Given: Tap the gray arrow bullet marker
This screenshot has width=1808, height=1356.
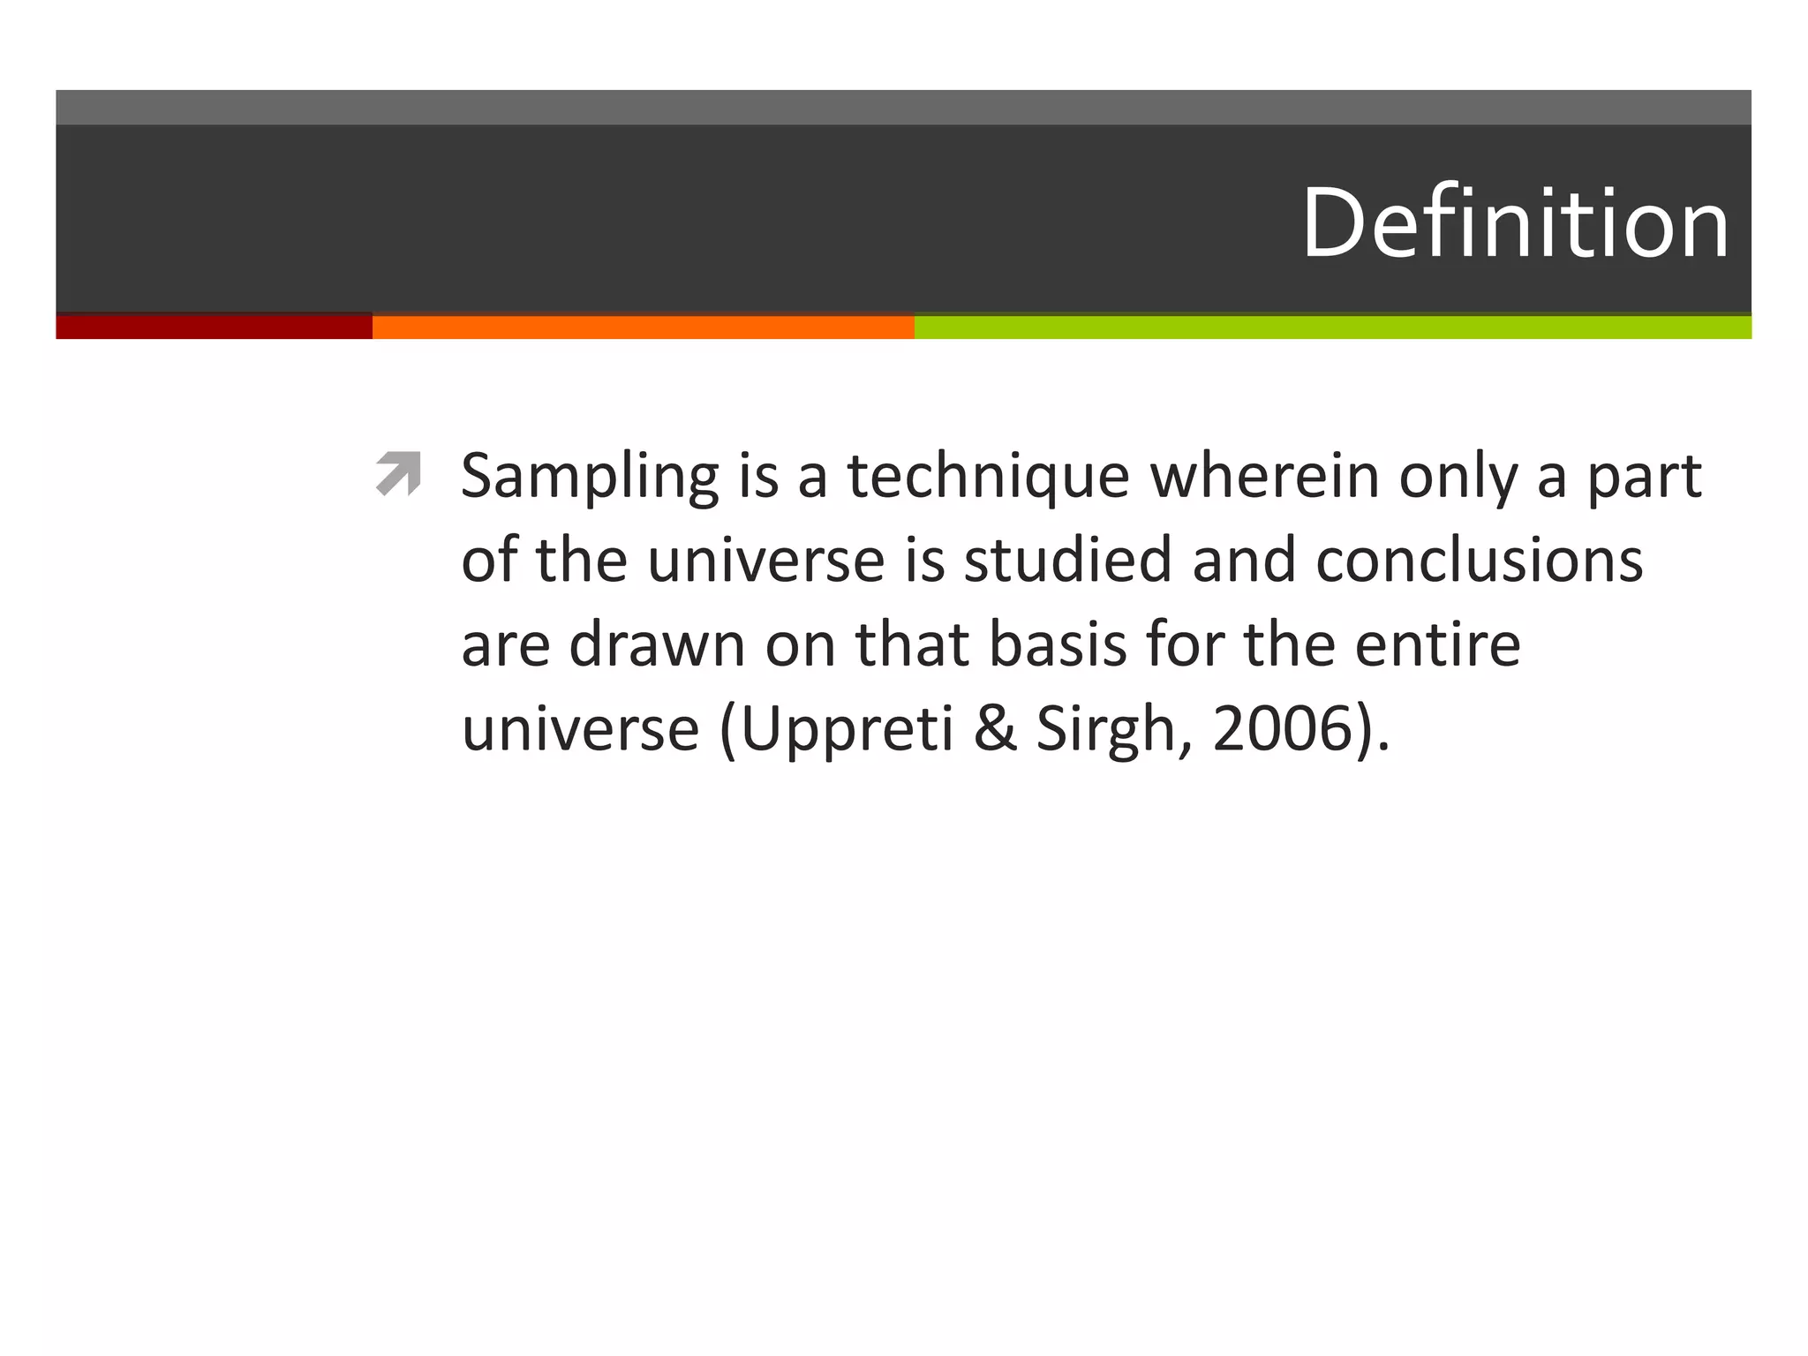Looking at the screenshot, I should [x=398, y=473].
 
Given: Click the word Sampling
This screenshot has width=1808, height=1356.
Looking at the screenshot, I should [x=590, y=477].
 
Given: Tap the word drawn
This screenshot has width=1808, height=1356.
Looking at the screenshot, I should [x=657, y=644].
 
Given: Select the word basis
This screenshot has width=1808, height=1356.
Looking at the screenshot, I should [x=1058, y=644].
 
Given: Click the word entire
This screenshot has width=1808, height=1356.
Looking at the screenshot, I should [x=1437, y=644].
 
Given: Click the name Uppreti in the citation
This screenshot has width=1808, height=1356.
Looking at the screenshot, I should [x=847, y=729].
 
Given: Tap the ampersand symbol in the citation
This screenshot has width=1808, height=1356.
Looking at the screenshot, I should [x=995, y=729].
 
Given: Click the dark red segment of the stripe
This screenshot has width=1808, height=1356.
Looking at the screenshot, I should [x=214, y=327].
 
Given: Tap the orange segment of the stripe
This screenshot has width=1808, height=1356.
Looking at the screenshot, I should [x=643, y=327].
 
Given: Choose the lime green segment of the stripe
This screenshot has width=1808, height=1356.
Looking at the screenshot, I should [x=1333, y=327].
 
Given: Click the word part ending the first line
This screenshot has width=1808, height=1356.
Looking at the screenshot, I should [x=1644, y=477].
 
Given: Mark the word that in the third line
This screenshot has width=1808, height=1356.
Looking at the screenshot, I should [x=911, y=644].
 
